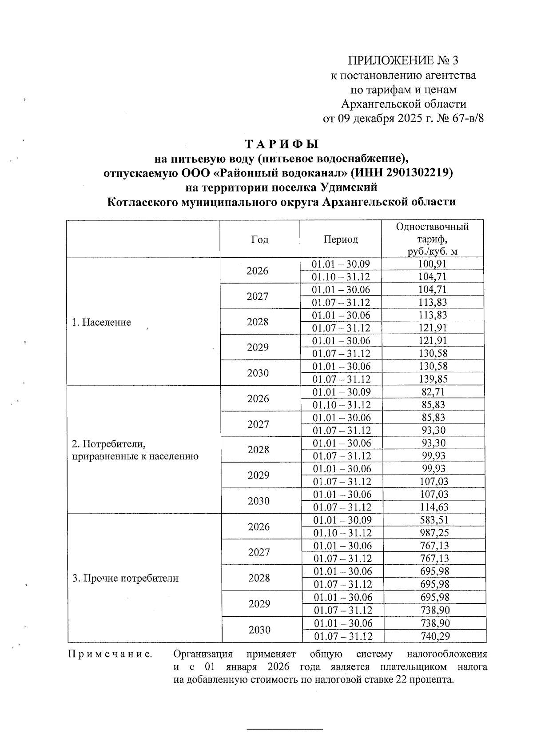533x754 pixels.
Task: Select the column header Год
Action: point(260,240)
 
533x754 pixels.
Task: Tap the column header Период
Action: point(341,240)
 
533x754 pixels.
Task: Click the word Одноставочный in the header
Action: point(432,227)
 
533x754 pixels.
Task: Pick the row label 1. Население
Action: point(101,323)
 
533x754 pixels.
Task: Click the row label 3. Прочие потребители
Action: point(125,578)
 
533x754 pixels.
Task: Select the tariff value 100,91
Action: point(432,264)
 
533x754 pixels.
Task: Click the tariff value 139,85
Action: point(432,379)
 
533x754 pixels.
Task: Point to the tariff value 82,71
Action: point(432,392)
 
